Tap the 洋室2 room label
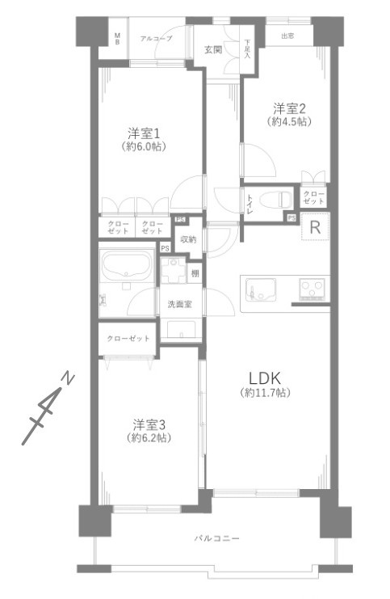click(x=290, y=108)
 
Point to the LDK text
click(x=266, y=378)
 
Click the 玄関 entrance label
click(x=213, y=50)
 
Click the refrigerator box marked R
click(x=315, y=228)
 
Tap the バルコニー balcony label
click(x=216, y=538)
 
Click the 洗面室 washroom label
click(x=179, y=304)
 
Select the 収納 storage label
click(x=188, y=239)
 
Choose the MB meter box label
click(x=116, y=38)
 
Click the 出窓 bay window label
click(x=287, y=36)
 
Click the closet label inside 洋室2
click(x=312, y=197)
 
